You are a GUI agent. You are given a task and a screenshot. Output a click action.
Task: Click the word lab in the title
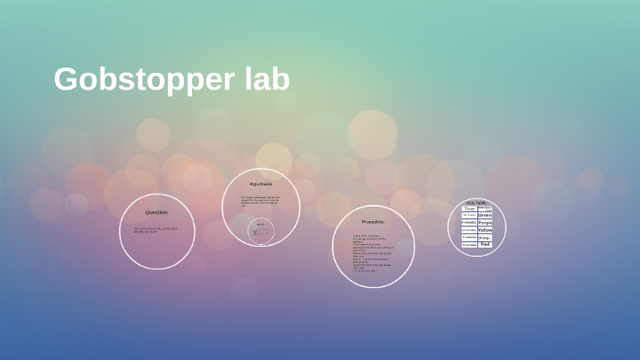[x=266, y=79]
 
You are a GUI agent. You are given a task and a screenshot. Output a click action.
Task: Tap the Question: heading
[x=156, y=212]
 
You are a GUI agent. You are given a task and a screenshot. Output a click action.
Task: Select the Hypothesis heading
[x=261, y=184]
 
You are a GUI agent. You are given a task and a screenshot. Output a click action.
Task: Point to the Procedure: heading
[x=373, y=221]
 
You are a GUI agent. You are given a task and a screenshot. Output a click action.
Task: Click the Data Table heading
[x=476, y=202]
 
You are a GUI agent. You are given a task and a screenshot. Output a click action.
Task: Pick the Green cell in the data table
[x=485, y=216]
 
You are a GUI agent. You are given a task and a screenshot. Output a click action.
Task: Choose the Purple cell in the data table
[x=485, y=223]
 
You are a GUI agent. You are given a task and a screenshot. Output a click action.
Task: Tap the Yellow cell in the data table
[x=485, y=230]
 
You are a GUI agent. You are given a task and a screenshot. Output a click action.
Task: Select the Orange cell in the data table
[x=485, y=238]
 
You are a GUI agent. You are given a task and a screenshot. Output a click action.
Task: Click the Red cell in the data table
[x=485, y=245]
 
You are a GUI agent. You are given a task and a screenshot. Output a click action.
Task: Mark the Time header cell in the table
[x=469, y=208]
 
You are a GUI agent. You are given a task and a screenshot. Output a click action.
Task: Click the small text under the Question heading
[x=155, y=229]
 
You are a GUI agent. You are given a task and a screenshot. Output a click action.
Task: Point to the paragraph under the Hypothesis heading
[x=260, y=201]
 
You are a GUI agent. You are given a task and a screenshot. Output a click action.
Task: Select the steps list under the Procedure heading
[x=369, y=253]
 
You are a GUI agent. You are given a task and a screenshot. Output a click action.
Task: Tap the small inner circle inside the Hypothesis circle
[x=261, y=231]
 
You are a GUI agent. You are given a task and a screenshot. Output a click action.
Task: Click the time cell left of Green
[x=469, y=216]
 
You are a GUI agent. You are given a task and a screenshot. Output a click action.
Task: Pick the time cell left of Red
[x=469, y=245]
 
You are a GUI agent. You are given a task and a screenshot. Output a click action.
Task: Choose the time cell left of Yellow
[x=469, y=230]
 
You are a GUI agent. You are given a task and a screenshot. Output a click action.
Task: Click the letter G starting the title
[x=64, y=80]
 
